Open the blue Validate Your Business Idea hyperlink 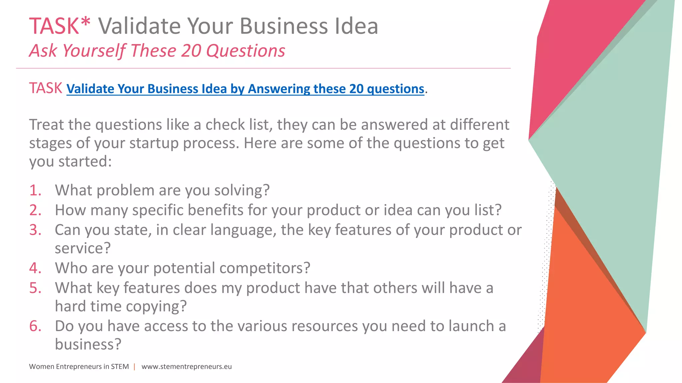click(245, 89)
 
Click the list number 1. click(35, 191)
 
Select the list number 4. click(35, 268)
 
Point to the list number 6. click(35, 326)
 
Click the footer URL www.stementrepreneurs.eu click(186, 367)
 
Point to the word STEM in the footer click(120, 367)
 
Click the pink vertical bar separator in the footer click(135, 367)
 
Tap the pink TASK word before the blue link click(46, 88)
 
